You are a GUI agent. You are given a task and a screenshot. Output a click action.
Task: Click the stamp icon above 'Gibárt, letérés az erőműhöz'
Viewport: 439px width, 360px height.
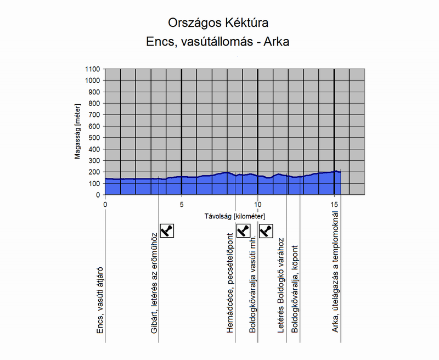coord(167,230)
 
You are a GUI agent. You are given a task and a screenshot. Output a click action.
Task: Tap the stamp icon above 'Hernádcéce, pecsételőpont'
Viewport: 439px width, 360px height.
coord(243,230)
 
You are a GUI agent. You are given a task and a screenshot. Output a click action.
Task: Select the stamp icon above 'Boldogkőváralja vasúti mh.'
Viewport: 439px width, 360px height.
coord(266,230)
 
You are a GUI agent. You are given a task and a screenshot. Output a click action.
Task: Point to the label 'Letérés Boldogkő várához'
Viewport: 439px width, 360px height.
coord(280,285)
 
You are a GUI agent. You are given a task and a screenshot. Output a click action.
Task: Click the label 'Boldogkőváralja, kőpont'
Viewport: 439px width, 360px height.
coord(295,289)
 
